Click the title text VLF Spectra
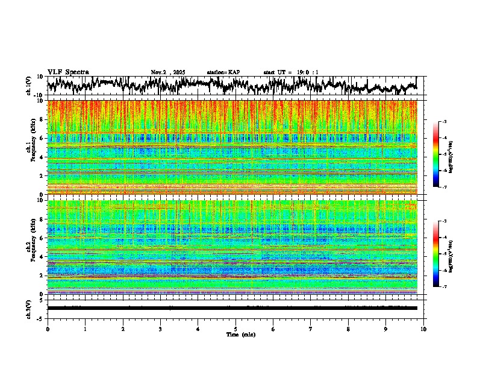(68, 72)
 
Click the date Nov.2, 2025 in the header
(168, 72)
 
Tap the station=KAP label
(223, 72)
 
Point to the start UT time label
(291, 72)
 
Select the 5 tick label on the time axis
(235, 329)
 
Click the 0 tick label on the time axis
(48, 329)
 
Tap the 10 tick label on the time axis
(423, 329)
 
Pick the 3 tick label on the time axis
(160, 329)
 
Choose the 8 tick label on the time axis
(348, 329)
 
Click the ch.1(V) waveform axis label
(28, 86)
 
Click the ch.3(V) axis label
(28, 308)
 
